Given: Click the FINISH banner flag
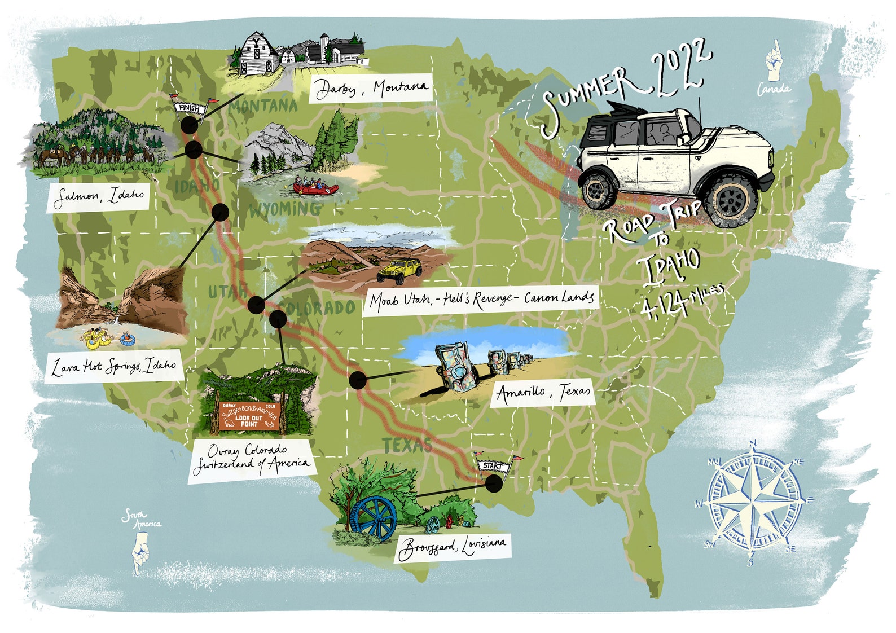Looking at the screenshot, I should click(x=190, y=107).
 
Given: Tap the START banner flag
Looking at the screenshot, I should click(x=493, y=466).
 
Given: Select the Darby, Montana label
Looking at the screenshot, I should click(x=371, y=88).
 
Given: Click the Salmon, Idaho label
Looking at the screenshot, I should click(x=98, y=197).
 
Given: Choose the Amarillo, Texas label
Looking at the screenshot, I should click(x=543, y=392).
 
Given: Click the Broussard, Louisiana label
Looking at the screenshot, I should click(x=452, y=547).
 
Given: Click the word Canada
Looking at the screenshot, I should click(x=774, y=89).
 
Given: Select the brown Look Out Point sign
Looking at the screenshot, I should click(x=249, y=417).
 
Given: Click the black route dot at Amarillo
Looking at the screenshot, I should click(x=358, y=380).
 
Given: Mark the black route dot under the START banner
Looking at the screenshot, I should click(x=494, y=483).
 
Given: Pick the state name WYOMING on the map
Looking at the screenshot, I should click(x=286, y=209).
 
